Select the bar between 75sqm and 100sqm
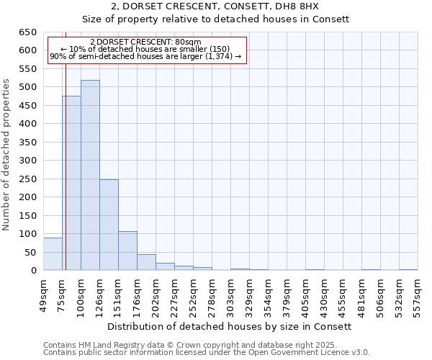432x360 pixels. pyautogui.click(x=71, y=183)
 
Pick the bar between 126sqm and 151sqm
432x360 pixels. pyautogui.click(x=109, y=225)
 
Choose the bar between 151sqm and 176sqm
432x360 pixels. pyautogui.click(x=127, y=251)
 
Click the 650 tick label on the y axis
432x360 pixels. pyautogui.click(x=27, y=32)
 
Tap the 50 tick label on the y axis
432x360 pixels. pyautogui.click(x=30, y=252)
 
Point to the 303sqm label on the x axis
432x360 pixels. pyautogui.click(x=230, y=295)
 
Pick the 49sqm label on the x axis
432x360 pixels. pyautogui.click(x=43, y=295)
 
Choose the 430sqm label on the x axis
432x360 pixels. pyautogui.click(x=324, y=295)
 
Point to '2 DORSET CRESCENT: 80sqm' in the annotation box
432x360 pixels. pyautogui.click(x=145, y=42)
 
